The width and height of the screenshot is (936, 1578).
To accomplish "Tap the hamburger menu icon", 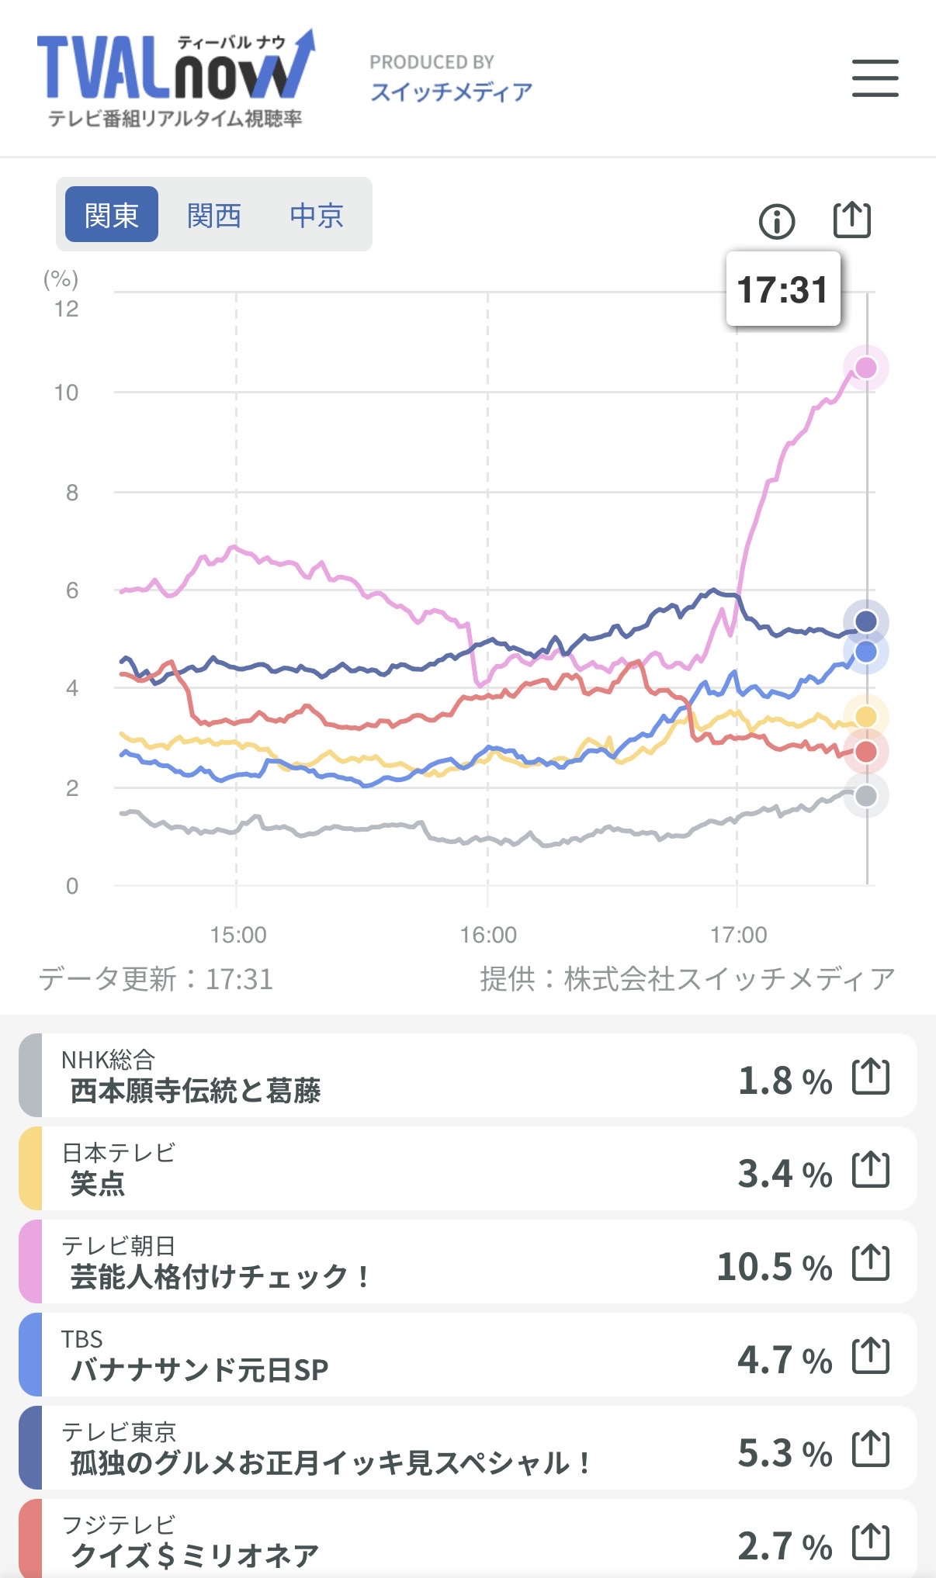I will [x=875, y=78].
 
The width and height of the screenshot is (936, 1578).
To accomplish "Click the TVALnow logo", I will [x=175, y=78].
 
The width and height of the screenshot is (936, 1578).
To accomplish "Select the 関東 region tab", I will [x=112, y=215].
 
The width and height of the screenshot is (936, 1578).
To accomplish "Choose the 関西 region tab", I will [x=214, y=215].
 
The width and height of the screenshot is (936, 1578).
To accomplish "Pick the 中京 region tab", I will [x=317, y=215].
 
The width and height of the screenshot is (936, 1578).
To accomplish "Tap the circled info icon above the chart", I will [x=776, y=222].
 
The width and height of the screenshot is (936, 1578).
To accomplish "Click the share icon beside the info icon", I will [x=851, y=220].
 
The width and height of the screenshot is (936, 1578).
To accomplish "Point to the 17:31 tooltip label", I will [x=782, y=289].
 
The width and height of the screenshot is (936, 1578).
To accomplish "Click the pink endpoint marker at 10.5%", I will [x=865, y=368].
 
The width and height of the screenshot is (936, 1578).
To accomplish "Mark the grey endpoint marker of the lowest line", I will [x=865, y=795].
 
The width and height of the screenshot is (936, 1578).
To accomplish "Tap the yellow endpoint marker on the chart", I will [x=865, y=717].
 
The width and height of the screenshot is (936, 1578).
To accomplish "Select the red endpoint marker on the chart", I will [x=865, y=751].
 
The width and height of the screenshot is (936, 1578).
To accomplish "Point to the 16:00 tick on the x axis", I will [x=488, y=935].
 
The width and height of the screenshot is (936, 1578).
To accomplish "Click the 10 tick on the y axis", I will [x=67, y=393].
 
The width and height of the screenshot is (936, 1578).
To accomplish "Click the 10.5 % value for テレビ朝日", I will [x=774, y=1267].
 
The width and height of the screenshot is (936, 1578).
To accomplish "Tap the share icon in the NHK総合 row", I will [x=870, y=1077].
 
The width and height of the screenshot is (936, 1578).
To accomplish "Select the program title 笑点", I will [x=98, y=1184].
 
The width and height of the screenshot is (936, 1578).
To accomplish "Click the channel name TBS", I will [x=82, y=1339].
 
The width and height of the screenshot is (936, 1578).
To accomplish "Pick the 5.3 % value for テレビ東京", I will [x=784, y=1453].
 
